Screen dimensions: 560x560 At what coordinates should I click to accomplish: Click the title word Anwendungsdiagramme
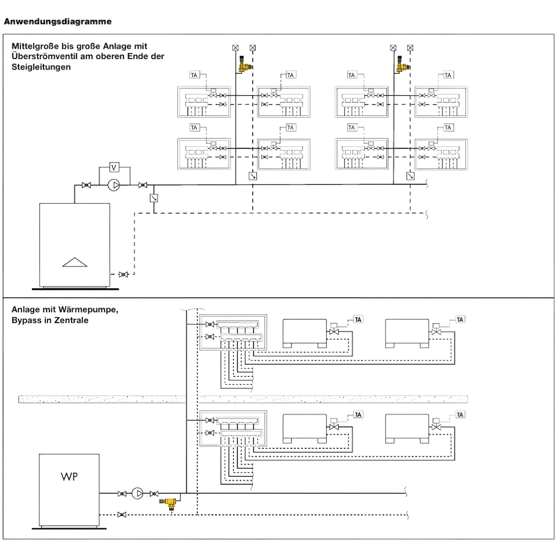[x=58, y=21]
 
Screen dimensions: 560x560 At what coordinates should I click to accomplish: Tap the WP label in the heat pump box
[x=69, y=477]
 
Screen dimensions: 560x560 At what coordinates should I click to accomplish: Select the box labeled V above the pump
[x=114, y=167]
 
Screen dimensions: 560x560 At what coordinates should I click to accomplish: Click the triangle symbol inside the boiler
[x=75, y=262]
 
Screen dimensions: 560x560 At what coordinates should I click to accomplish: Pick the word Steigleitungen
[x=41, y=67]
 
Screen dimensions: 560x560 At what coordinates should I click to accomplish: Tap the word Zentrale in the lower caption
[x=71, y=320]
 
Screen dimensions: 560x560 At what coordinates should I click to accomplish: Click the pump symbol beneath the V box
[x=113, y=185]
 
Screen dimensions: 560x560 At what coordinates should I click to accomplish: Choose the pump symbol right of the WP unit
[x=137, y=494]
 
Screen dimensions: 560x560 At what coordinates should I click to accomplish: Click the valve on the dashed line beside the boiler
[x=123, y=274]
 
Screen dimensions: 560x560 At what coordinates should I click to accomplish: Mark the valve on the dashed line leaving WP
[x=122, y=514]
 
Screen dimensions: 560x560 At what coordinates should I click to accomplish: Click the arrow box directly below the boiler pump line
[x=154, y=198]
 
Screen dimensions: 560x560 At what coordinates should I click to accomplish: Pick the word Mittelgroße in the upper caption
[x=35, y=46]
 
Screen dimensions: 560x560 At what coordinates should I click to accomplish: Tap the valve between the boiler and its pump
[x=86, y=185]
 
